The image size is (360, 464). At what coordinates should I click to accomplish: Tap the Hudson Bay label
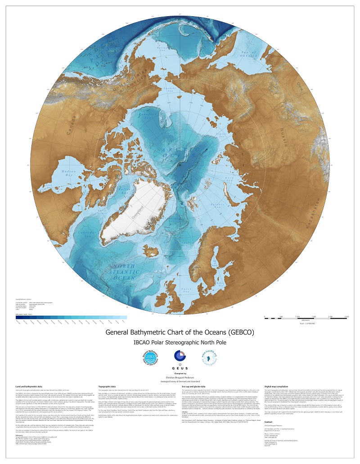pos(64,174)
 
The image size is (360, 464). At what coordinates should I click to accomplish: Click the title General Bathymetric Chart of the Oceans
pos(180,333)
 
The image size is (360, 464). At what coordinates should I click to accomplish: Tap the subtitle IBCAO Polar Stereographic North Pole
pos(180,343)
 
